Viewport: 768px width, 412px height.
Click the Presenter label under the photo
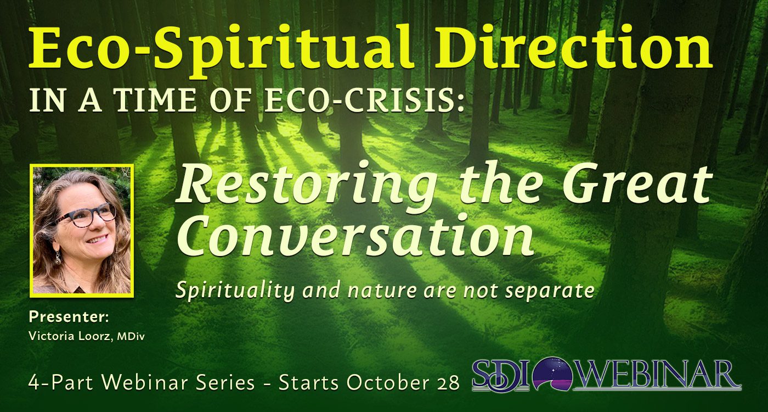pyautogui.click(x=69, y=317)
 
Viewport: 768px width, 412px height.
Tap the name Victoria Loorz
pyautogui.click(x=71, y=336)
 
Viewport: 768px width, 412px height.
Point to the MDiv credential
pyautogui.click(x=131, y=337)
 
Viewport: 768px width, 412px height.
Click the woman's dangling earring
pyautogui.click(x=58, y=258)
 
